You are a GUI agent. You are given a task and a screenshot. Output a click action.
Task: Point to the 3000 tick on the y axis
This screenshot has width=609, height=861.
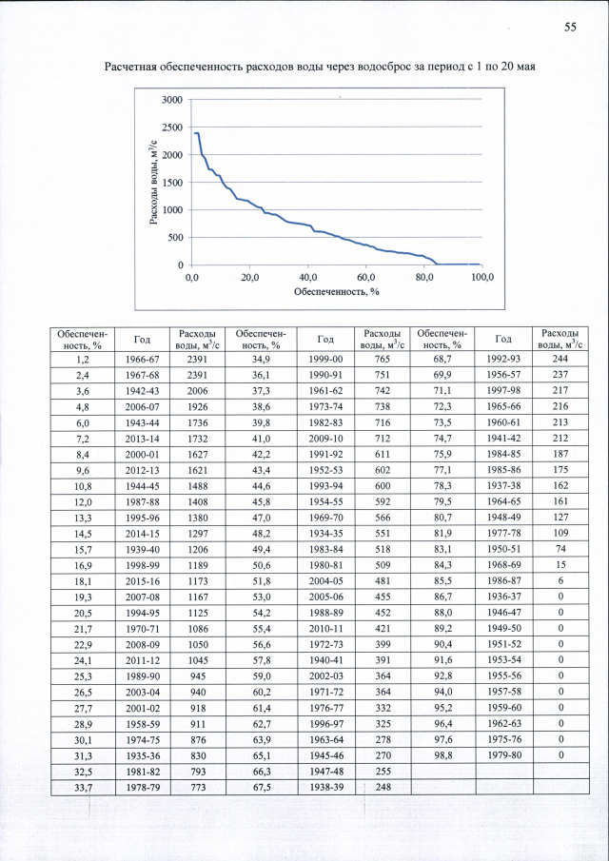tap(172, 100)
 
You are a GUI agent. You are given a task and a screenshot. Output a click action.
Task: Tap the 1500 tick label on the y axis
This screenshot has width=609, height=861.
tap(172, 183)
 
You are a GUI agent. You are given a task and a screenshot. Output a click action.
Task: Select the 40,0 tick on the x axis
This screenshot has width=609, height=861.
tap(308, 278)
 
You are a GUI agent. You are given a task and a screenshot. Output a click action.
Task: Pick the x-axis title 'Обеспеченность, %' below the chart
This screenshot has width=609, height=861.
tap(336, 291)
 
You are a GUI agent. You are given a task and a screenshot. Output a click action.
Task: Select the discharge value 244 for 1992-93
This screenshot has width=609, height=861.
tap(560, 360)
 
